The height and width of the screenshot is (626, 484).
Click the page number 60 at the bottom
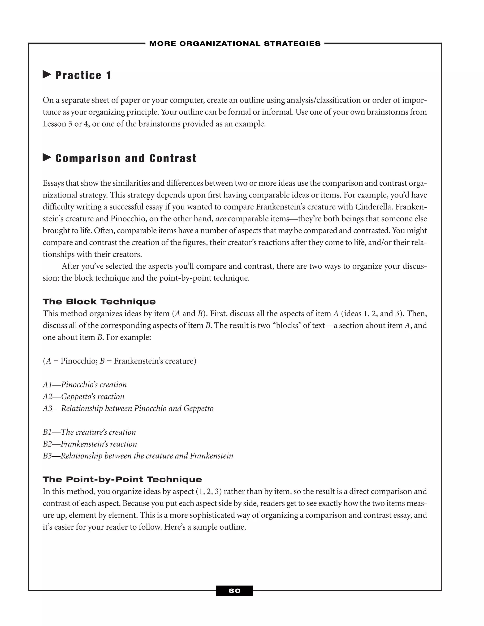(234, 591)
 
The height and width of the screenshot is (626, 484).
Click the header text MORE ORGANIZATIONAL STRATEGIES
(235, 43)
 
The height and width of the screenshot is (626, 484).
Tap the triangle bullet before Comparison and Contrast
(47, 157)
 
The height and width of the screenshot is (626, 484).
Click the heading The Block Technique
(99, 301)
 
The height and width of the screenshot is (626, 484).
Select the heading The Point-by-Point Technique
(122, 480)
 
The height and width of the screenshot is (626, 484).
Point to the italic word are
(220, 219)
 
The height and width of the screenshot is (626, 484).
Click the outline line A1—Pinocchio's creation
(85, 385)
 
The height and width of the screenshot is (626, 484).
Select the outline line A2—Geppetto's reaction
(83, 397)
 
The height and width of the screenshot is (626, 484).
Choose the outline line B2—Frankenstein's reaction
(90, 444)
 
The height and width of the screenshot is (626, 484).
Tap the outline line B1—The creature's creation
(89, 432)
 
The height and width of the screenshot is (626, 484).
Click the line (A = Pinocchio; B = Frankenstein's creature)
(120, 361)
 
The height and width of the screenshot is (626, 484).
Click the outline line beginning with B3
(138, 456)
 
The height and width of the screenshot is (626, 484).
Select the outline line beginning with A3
(128, 408)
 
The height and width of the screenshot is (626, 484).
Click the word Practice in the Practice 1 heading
(78, 75)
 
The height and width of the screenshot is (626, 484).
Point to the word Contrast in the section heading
(173, 158)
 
